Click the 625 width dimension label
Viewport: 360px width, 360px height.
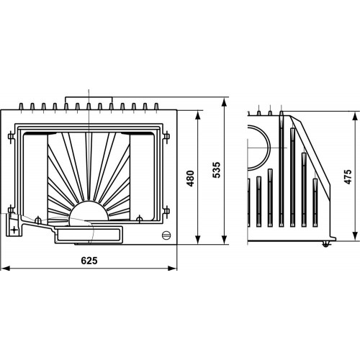[89, 261]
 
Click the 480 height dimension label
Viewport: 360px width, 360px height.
[191, 179]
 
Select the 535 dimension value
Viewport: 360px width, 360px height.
[217, 170]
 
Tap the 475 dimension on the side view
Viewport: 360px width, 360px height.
[348, 177]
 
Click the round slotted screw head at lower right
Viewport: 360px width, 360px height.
[166, 235]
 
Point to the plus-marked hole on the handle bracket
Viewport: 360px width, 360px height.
[14, 230]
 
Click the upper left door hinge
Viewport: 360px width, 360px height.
[11, 137]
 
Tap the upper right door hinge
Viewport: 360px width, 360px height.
[166, 137]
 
